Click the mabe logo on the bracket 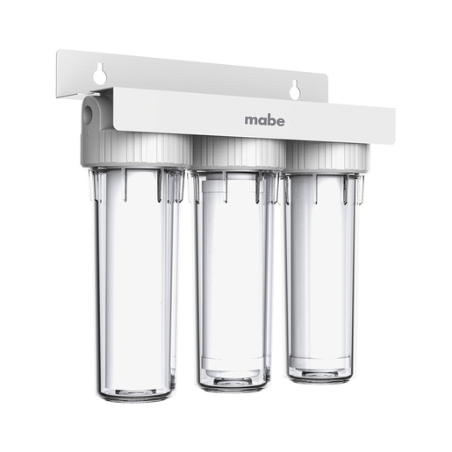264,120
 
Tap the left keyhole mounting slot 99,73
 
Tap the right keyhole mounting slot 294,89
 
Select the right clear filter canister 322,278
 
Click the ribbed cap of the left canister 138,149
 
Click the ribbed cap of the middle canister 238,154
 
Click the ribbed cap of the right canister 327,157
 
